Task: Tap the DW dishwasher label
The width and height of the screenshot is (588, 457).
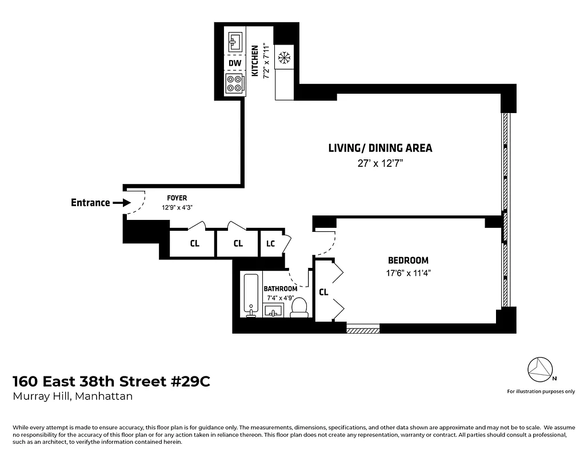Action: [x=234, y=63]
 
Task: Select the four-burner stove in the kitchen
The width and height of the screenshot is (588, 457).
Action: [x=234, y=83]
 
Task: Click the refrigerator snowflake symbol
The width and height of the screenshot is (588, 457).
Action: [x=283, y=58]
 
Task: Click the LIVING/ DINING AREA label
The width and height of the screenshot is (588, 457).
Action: [x=380, y=148]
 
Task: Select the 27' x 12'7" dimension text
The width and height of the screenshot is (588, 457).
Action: [x=380, y=163]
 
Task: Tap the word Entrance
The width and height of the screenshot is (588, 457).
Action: [x=90, y=203]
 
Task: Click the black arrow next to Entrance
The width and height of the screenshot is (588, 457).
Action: [x=122, y=203]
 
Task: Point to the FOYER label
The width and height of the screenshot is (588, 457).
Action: [x=177, y=198]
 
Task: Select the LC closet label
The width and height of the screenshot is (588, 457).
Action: [x=270, y=244]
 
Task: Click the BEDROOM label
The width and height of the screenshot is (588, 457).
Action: [x=408, y=260]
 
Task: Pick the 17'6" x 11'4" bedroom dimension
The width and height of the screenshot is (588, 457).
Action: [x=408, y=273]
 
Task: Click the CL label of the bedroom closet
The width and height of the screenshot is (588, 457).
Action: [x=323, y=292]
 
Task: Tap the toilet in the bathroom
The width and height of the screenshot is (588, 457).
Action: [x=299, y=307]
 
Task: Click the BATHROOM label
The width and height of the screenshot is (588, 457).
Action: [x=280, y=288]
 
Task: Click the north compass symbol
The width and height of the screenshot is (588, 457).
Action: [x=539, y=371]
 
